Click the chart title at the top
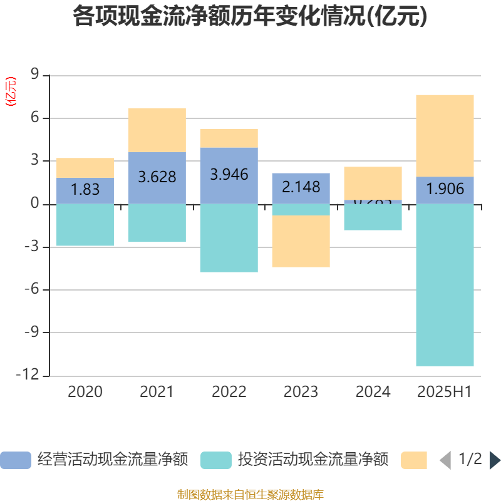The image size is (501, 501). click(x=250, y=16)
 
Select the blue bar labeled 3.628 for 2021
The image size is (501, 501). click(x=157, y=178)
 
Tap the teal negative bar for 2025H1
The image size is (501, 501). click(x=445, y=285)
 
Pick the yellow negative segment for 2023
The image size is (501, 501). click(x=301, y=241)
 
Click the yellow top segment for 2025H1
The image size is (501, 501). click(x=445, y=135)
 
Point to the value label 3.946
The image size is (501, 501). click(x=229, y=175)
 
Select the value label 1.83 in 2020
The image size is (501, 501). click(x=85, y=190)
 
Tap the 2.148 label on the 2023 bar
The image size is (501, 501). click(x=301, y=187)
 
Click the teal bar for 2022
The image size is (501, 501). click(x=229, y=238)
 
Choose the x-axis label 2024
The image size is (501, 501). click(x=373, y=392)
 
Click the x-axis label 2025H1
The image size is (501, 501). click(x=445, y=392)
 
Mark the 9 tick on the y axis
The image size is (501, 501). click(x=35, y=75)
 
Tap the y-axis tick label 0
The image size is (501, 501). click(x=35, y=204)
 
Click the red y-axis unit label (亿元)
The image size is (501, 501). click(x=11, y=92)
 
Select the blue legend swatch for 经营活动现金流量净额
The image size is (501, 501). click(x=15, y=460)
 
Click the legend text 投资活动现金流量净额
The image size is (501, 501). click(x=312, y=460)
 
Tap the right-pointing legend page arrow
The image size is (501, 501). click(x=495, y=460)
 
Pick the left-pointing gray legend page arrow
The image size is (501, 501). click(x=445, y=460)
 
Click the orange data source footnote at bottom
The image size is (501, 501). click(x=250, y=495)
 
